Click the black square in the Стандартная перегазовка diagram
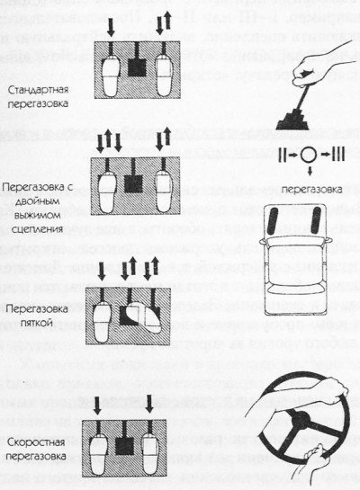pyautogui.click(x=137, y=67)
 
